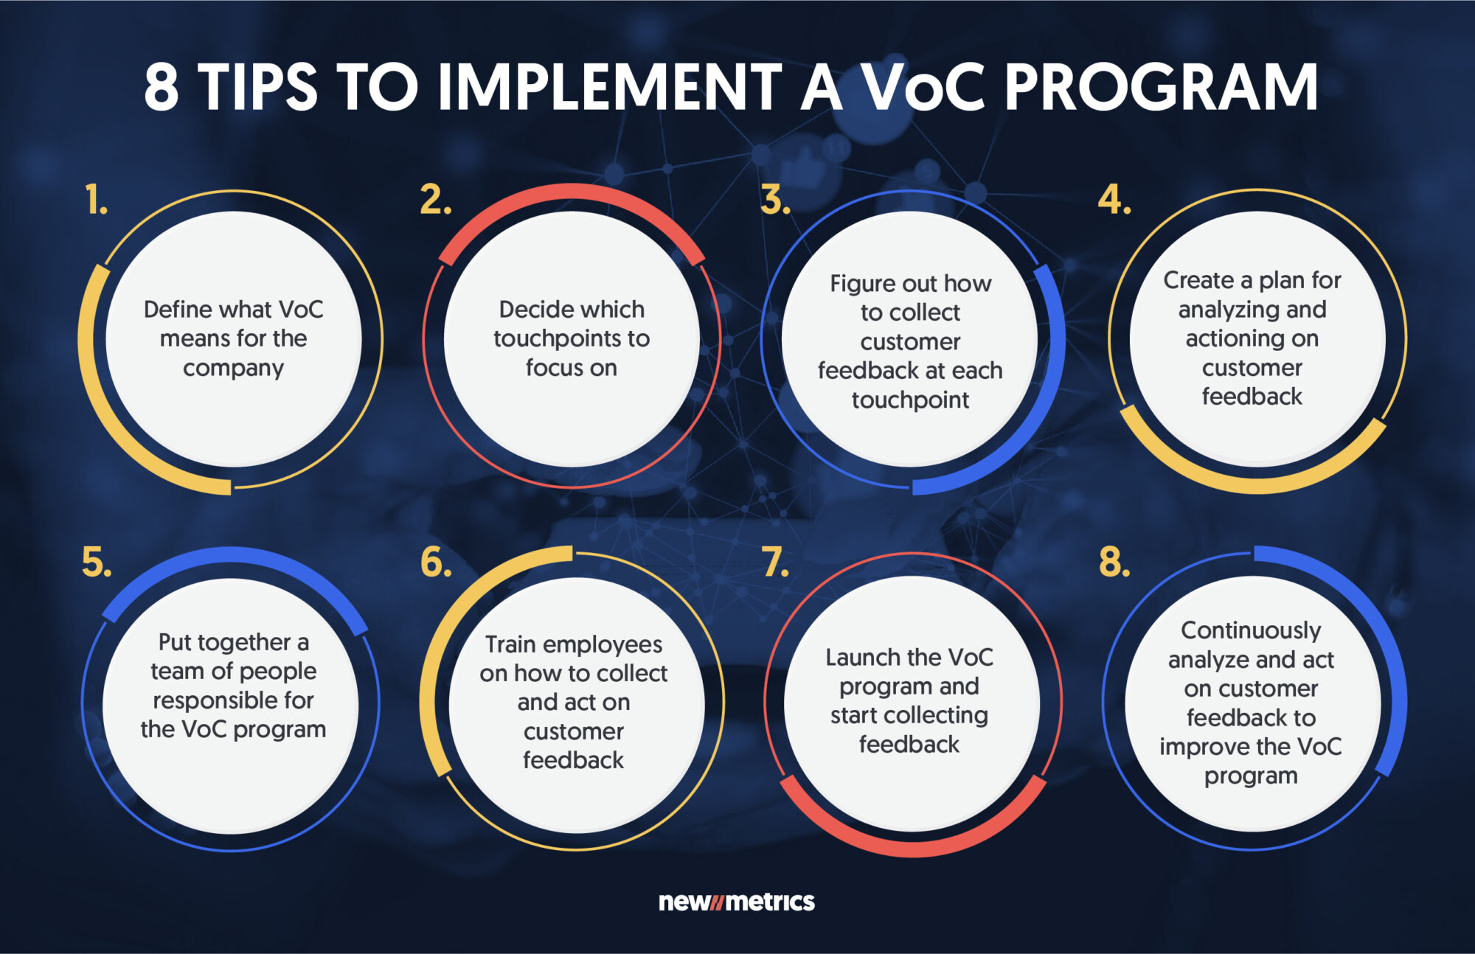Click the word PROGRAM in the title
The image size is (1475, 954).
(1161, 87)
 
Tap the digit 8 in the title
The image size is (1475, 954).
(161, 87)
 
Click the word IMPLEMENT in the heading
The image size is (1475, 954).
(609, 87)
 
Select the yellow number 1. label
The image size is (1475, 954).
(96, 201)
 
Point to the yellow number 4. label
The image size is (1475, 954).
(1114, 201)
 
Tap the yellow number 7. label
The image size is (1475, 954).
(775, 563)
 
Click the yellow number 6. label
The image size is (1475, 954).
(435, 563)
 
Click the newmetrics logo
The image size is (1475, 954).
(736, 902)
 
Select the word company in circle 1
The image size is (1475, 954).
(233, 368)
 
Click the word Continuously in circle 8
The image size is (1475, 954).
(1251, 630)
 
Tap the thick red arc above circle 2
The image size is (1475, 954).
(572, 195)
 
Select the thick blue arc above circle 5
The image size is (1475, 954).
(233, 558)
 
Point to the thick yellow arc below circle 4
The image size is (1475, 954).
(1254, 482)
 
